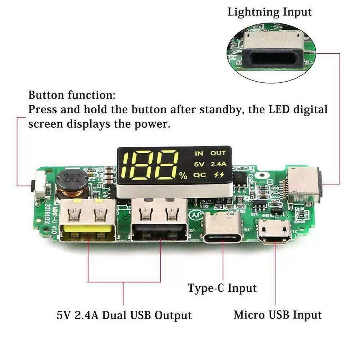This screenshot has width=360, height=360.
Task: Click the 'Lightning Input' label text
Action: [x=269, y=12]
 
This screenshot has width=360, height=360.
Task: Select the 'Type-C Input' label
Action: [x=222, y=288]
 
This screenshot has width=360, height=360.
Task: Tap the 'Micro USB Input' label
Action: [x=277, y=315]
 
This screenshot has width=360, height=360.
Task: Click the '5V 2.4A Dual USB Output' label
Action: [x=124, y=315]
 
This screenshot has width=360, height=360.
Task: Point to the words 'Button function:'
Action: [x=72, y=95]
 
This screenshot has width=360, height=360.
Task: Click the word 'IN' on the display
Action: [x=199, y=153]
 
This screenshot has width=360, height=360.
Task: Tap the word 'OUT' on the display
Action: [x=218, y=153]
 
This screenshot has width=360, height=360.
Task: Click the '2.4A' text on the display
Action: [x=218, y=164]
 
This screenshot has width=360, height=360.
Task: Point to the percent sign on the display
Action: [x=183, y=176]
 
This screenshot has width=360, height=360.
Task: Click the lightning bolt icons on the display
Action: [x=218, y=175]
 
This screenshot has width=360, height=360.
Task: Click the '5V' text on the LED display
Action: [x=199, y=164]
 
